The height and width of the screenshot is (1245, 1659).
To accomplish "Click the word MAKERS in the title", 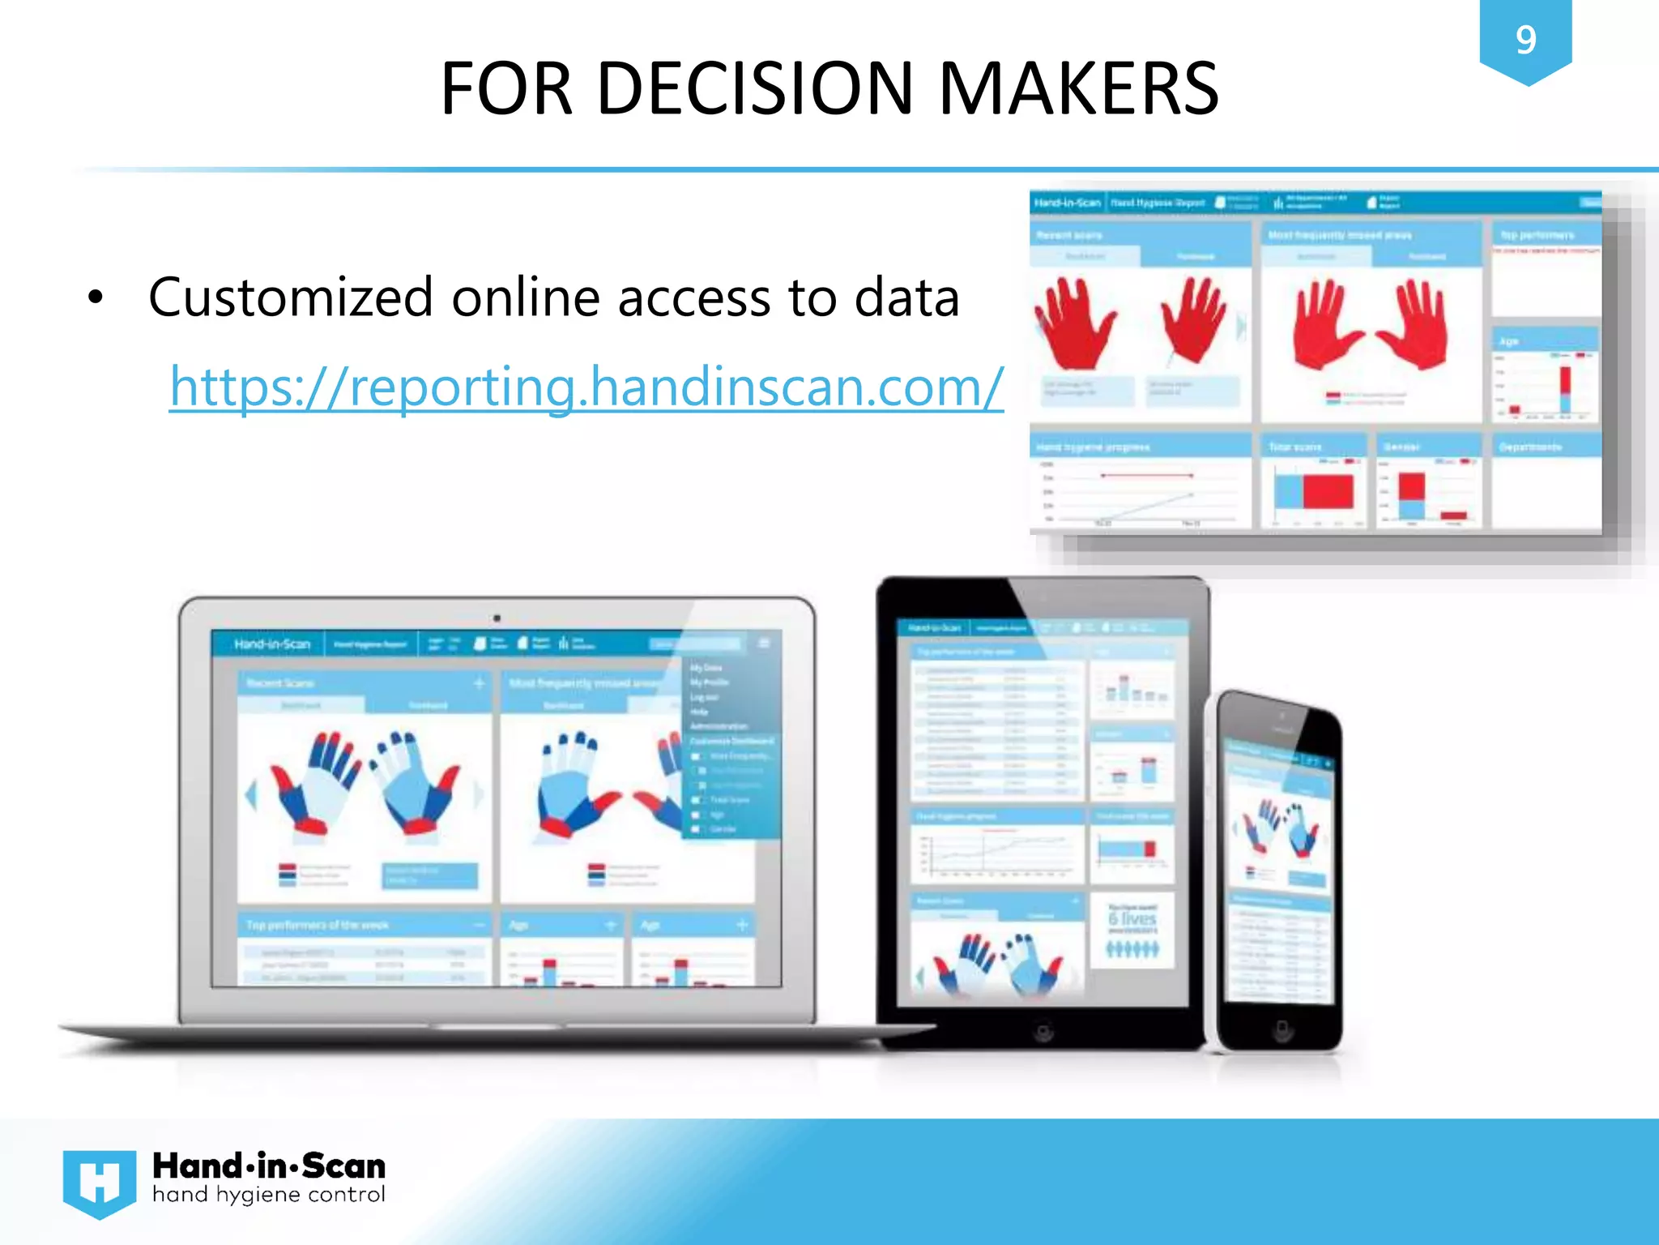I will click(x=1078, y=88).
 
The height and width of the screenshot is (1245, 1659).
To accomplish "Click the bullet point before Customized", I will click(x=96, y=298).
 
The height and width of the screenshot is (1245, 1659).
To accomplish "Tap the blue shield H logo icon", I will click(x=99, y=1183).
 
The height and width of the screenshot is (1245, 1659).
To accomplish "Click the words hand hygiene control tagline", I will click(x=268, y=1195).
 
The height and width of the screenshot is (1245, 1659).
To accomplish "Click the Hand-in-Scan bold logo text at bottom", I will click(x=268, y=1166).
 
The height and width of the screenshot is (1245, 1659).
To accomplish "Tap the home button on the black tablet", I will click(x=1044, y=1032).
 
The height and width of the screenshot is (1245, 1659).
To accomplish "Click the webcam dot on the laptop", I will click(x=497, y=618).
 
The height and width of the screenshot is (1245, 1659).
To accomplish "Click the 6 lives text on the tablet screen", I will click(x=1132, y=919).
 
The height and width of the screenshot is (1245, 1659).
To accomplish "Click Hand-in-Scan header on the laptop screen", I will click(x=272, y=644).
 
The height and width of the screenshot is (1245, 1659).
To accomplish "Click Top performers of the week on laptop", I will click(x=318, y=925).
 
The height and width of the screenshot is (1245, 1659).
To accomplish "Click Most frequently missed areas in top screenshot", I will click(x=1339, y=235).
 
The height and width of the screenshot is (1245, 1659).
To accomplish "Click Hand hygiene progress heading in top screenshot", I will click(x=1093, y=447).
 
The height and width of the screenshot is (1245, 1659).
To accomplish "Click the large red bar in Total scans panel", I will click(x=1328, y=491).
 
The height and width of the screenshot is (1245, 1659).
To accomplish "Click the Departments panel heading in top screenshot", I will click(x=1529, y=447).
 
